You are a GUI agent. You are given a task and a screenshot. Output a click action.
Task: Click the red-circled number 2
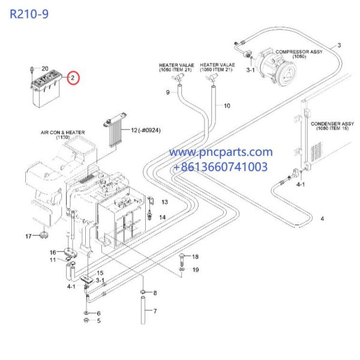pos(73,78)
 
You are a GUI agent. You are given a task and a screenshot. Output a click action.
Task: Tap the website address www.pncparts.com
pos(220,153)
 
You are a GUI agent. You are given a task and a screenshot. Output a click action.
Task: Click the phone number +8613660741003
pos(220,167)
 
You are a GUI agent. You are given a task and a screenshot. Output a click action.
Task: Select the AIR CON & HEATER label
pos(63,134)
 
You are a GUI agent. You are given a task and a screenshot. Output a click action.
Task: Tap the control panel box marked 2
pos(46,86)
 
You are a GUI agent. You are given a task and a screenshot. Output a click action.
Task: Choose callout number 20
pos(44,68)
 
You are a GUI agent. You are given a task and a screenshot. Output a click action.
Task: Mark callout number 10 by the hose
pos(227,106)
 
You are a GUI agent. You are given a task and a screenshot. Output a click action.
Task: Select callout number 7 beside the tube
pos(155,311)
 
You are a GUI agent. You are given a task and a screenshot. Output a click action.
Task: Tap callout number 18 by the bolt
pos(194,257)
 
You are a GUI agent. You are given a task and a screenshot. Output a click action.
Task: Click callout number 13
pos(164,202)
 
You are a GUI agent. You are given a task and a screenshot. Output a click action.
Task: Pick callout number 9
pos(169,92)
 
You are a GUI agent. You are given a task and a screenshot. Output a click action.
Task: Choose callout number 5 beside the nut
pos(99,321)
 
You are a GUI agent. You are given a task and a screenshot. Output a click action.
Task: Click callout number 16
pos(52,252)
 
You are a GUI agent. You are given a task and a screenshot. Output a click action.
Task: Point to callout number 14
pos(163,217)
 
